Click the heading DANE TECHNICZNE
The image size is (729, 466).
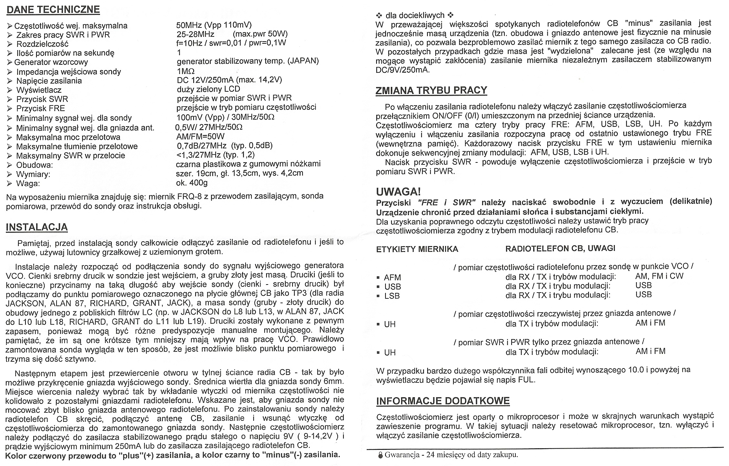[53, 10]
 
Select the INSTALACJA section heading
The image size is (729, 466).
[37, 227]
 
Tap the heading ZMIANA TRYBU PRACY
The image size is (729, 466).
[431, 90]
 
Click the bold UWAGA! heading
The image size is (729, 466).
[398, 192]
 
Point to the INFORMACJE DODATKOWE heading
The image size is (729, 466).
[443, 401]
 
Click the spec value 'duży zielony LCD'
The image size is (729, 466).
[208, 89]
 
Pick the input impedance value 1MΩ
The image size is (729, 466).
[186, 71]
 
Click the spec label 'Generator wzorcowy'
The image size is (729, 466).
[51, 62]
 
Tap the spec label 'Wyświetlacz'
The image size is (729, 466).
[39, 90]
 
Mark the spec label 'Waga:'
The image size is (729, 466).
[28, 184]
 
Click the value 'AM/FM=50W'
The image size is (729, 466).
[200, 136]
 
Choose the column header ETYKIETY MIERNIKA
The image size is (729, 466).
[417, 249]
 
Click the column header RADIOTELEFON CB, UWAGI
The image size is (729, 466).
[560, 248]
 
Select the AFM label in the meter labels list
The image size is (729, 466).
[392, 277]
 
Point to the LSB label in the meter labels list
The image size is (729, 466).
[392, 296]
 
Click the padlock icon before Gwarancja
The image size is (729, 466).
[380, 455]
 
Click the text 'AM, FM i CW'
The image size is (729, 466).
[659, 276]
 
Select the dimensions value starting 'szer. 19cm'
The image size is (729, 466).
[239, 173]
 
